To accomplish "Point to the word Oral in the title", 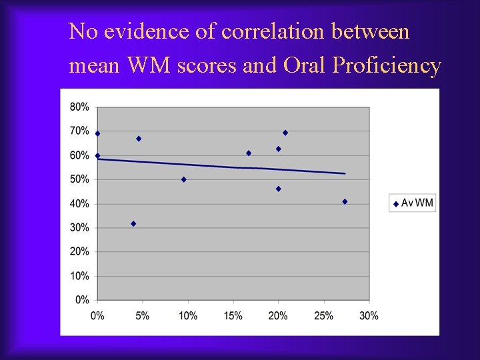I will tap(305, 66).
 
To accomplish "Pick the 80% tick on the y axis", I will tap(80, 107).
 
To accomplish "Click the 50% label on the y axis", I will tap(80, 179).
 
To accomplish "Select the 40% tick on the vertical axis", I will tap(80, 203).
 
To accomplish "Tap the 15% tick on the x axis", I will tap(233, 315).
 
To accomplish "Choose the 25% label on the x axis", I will tap(323, 315).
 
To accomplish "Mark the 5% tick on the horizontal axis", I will tap(143, 315).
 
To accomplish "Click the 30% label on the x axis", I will tap(369, 315).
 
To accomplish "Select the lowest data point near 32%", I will tap(133, 223).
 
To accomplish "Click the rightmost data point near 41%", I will tap(345, 201).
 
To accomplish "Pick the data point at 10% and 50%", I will tap(184, 179).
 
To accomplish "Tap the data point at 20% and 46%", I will tap(279, 189).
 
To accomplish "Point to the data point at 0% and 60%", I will tap(97, 155).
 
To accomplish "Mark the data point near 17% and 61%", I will tap(249, 153).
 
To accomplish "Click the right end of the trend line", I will tap(345, 173).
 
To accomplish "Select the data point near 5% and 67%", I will tap(139, 139).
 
